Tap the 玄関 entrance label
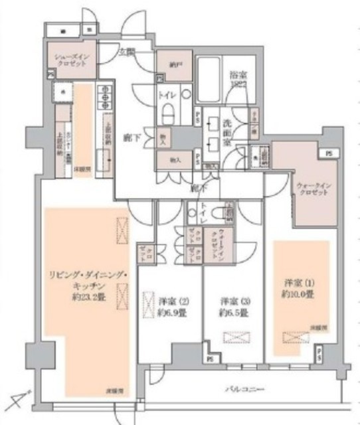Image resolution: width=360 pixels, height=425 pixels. (x=127, y=51)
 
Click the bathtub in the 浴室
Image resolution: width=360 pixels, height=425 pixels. (x=214, y=78)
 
